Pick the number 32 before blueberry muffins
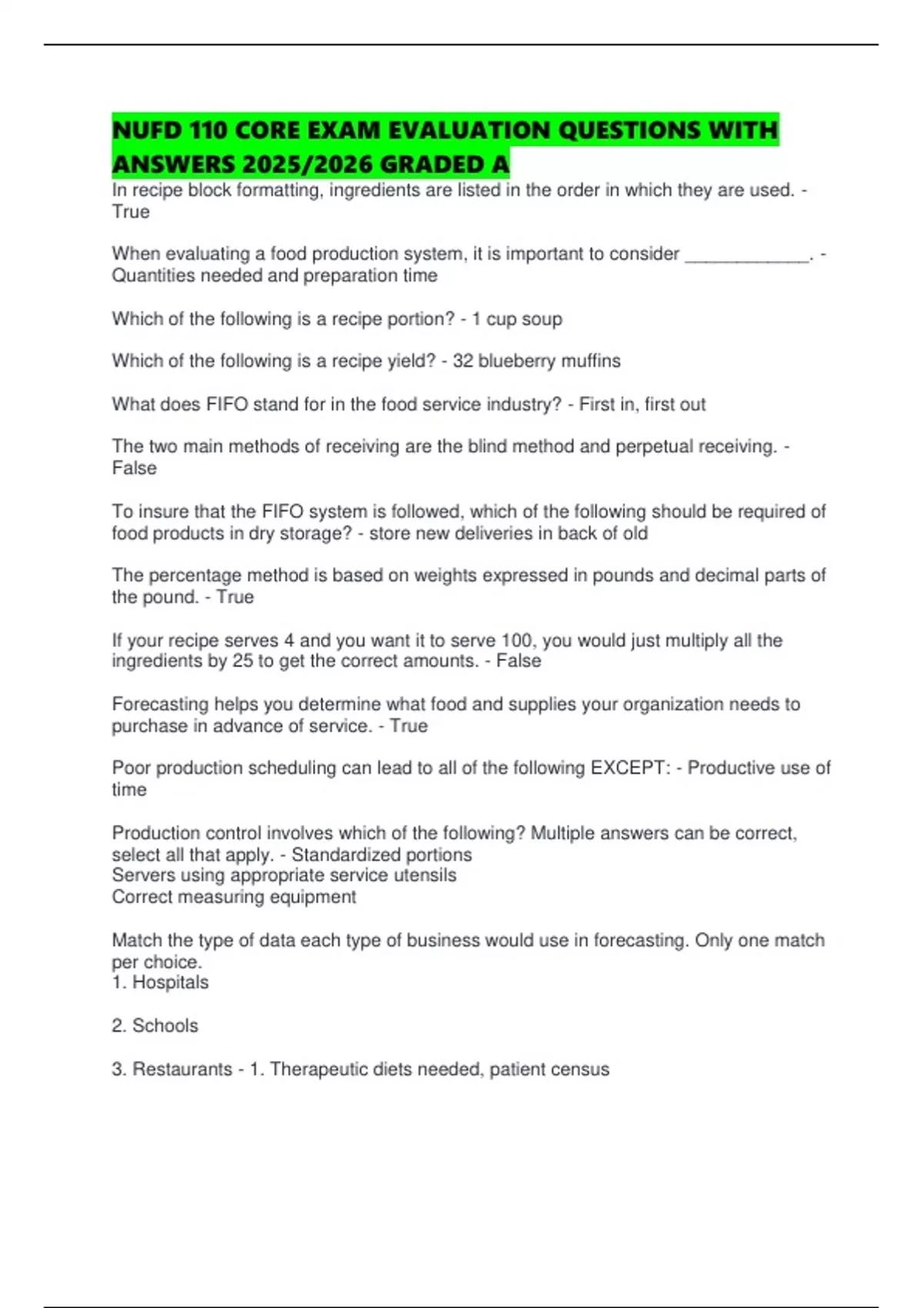point(462,361)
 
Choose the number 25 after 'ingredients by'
point(242,661)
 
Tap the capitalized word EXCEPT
point(630,768)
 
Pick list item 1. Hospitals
point(160,983)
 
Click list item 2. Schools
point(155,1026)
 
